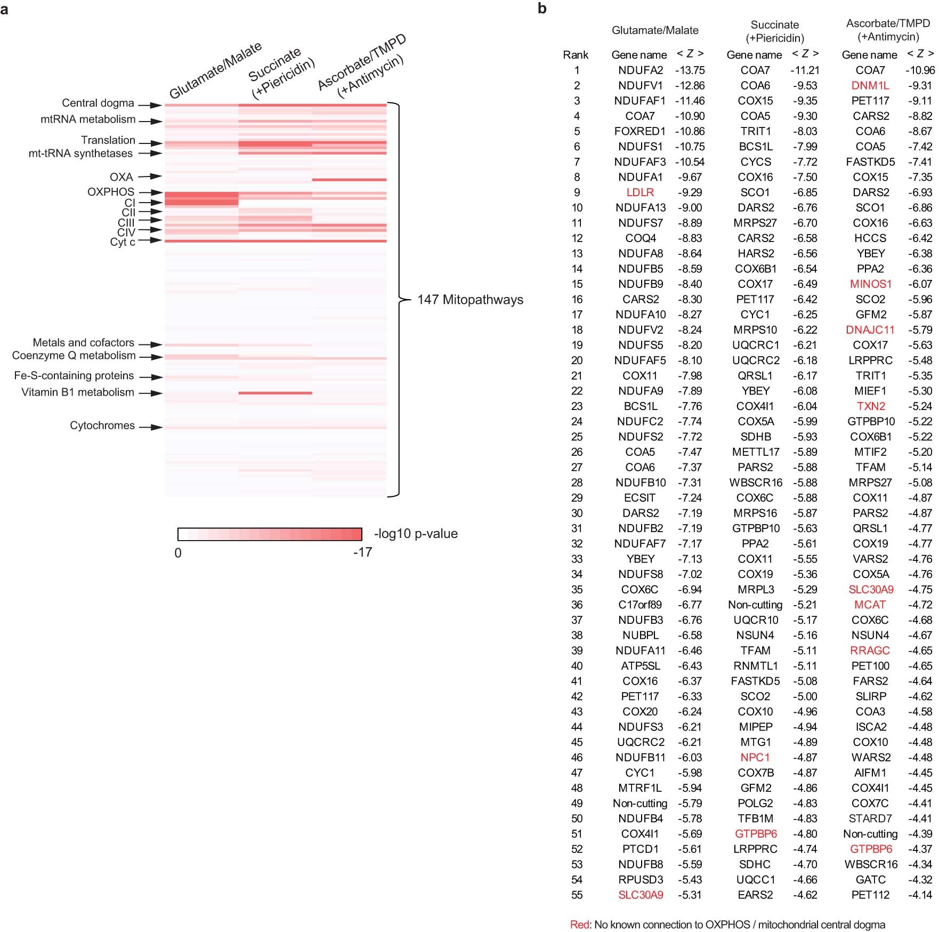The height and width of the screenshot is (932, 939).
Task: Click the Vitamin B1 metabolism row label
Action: click(78, 392)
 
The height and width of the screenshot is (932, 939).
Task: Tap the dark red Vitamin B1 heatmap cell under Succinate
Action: click(275, 393)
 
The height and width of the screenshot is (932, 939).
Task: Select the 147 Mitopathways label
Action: click(470, 300)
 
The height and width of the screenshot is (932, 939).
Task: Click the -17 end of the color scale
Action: click(362, 552)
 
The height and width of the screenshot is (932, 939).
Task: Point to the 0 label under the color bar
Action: click(178, 553)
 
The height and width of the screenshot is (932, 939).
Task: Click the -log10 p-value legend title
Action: click(416, 534)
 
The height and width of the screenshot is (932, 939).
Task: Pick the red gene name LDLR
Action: click(640, 192)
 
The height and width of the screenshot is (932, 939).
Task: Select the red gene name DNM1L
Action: click(870, 85)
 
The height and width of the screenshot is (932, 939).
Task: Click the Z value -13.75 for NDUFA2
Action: click(690, 70)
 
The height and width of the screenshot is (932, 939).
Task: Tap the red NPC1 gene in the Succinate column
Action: click(755, 758)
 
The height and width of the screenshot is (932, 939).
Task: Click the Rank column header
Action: click(576, 55)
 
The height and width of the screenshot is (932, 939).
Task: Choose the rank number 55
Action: click(577, 895)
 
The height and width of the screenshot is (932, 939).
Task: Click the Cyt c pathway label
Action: click(123, 242)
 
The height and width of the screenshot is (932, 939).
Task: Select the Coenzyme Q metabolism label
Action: click(74, 356)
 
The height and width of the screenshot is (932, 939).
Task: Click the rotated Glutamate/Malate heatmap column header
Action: click(215, 70)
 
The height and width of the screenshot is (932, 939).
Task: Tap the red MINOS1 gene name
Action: click(871, 284)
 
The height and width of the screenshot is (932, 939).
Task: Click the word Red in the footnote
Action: click(579, 925)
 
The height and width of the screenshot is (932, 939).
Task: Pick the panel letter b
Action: click(542, 9)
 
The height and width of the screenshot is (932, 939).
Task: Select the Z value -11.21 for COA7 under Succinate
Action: click(805, 70)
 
